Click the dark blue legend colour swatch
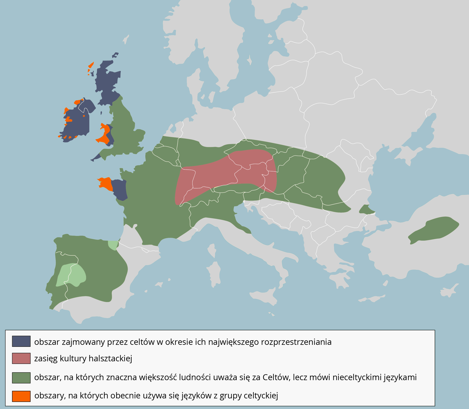point(21,341)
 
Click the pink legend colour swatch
point(21,358)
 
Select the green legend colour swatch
point(21,378)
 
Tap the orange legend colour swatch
point(21,396)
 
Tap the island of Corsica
point(211,251)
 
